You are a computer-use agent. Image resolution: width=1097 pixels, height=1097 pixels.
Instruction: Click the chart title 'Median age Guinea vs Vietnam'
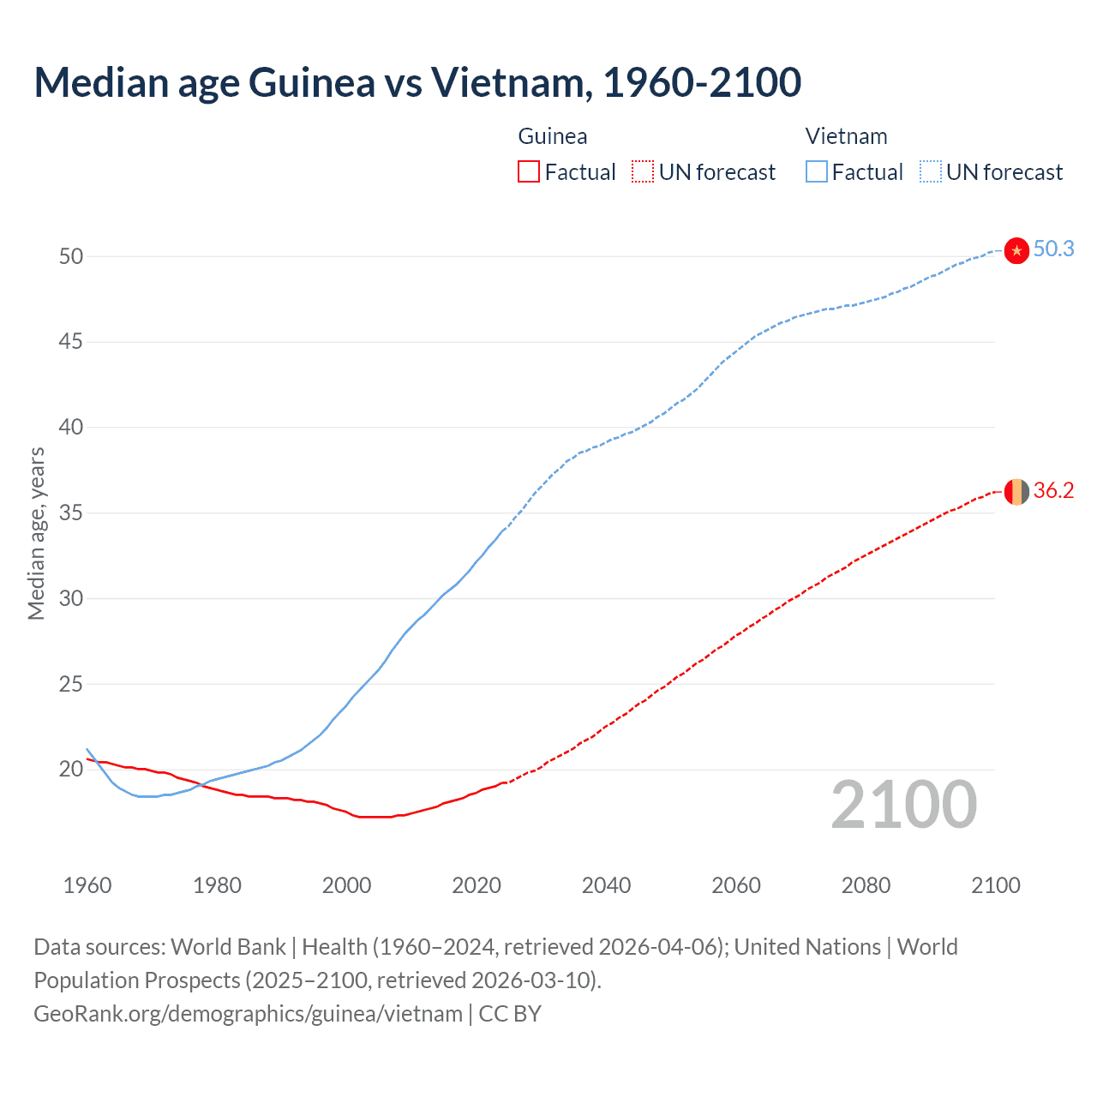click(x=417, y=82)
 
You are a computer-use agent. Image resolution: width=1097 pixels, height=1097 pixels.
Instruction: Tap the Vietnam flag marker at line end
click(x=1016, y=250)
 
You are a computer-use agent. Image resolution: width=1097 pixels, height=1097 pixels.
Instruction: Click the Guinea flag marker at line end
click(x=1016, y=492)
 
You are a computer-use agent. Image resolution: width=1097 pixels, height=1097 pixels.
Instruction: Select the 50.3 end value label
click(x=1053, y=249)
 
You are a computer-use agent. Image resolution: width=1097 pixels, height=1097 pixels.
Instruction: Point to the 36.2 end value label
click(x=1053, y=491)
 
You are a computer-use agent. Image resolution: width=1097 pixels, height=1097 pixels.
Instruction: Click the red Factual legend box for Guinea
click(x=529, y=172)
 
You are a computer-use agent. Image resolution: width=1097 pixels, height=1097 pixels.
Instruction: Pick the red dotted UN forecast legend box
click(x=643, y=172)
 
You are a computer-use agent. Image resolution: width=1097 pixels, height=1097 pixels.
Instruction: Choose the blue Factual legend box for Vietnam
click(x=816, y=172)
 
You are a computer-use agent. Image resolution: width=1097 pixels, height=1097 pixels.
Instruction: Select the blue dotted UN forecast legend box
click(x=930, y=172)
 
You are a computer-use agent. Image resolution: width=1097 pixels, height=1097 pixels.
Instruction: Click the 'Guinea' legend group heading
click(x=553, y=136)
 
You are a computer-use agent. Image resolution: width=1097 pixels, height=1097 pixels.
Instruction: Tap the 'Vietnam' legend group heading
click(x=846, y=136)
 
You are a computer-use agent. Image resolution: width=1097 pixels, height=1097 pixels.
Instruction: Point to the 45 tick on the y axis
click(x=71, y=342)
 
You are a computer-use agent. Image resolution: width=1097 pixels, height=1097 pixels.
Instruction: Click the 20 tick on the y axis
click(x=71, y=770)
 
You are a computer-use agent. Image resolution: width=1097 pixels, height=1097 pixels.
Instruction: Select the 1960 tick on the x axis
click(x=87, y=885)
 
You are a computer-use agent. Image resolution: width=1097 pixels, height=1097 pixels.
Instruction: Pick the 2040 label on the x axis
click(x=606, y=885)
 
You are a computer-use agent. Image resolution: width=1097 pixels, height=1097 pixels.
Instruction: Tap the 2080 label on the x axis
click(x=866, y=885)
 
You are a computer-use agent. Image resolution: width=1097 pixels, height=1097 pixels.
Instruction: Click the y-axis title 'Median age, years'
click(x=36, y=533)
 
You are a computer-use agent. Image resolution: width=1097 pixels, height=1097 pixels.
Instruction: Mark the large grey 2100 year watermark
click(x=904, y=805)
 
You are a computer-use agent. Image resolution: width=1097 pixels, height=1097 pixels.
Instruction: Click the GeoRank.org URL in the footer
click(x=248, y=1014)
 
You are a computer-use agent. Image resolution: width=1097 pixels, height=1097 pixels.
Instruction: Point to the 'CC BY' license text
click(x=510, y=1014)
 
